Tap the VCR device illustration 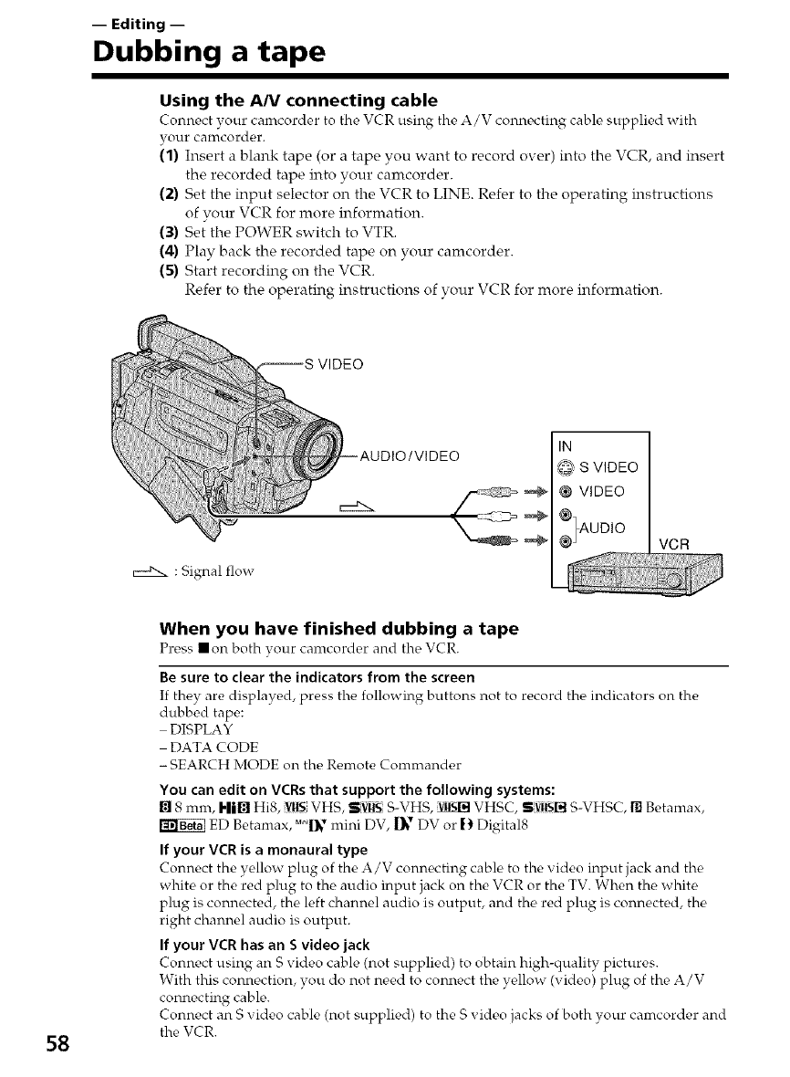click(x=644, y=578)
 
